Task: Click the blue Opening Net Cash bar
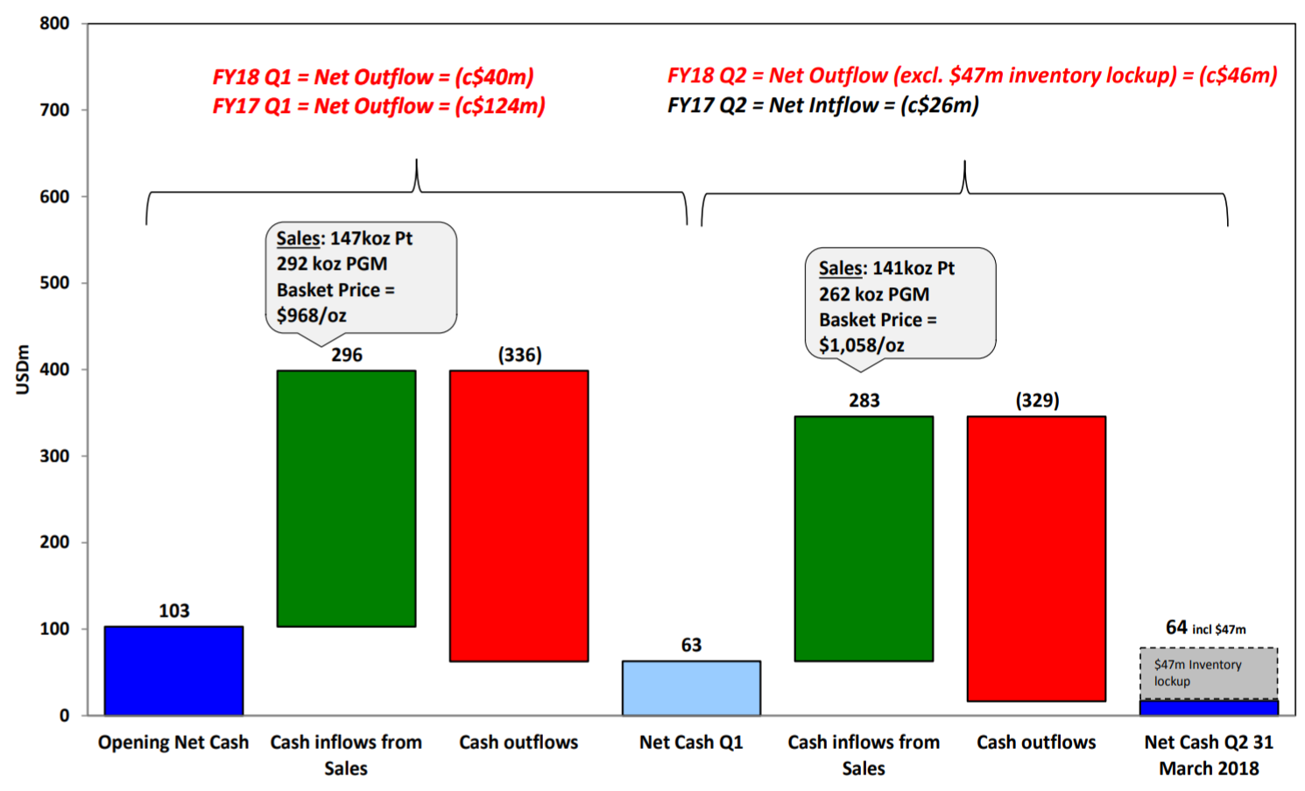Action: click(x=173, y=670)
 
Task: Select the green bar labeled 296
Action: click(x=346, y=498)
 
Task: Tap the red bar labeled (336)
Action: click(x=518, y=515)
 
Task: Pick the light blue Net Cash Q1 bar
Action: click(x=691, y=688)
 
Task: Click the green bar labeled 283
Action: click(x=864, y=538)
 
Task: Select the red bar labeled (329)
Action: click(x=1036, y=558)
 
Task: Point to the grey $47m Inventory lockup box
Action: click(x=1209, y=673)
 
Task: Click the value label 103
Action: click(x=173, y=611)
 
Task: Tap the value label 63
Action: click(x=691, y=645)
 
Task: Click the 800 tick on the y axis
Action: click(x=54, y=24)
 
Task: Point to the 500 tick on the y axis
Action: click(x=54, y=283)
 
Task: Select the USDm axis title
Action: click(x=23, y=370)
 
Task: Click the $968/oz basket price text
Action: click(x=311, y=315)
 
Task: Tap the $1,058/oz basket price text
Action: click(x=861, y=345)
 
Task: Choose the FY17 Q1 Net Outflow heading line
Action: click(x=378, y=106)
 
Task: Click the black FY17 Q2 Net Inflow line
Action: click(x=822, y=105)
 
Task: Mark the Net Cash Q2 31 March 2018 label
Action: click(x=1209, y=754)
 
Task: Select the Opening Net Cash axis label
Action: click(x=173, y=742)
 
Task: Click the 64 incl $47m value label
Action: click(x=1205, y=627)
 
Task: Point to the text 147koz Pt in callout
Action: click(x=369, y=238)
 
